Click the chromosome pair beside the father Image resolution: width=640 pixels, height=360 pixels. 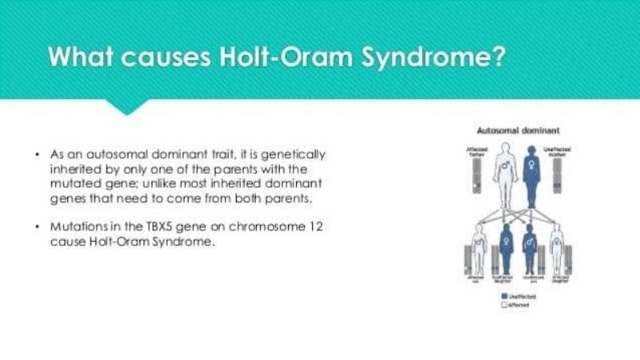[x=477, y=176]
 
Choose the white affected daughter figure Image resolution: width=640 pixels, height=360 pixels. [x=556, y=250]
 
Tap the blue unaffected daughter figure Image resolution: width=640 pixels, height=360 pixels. [x=506, y=250]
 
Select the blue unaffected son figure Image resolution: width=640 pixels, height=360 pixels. [x=530, y=250]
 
